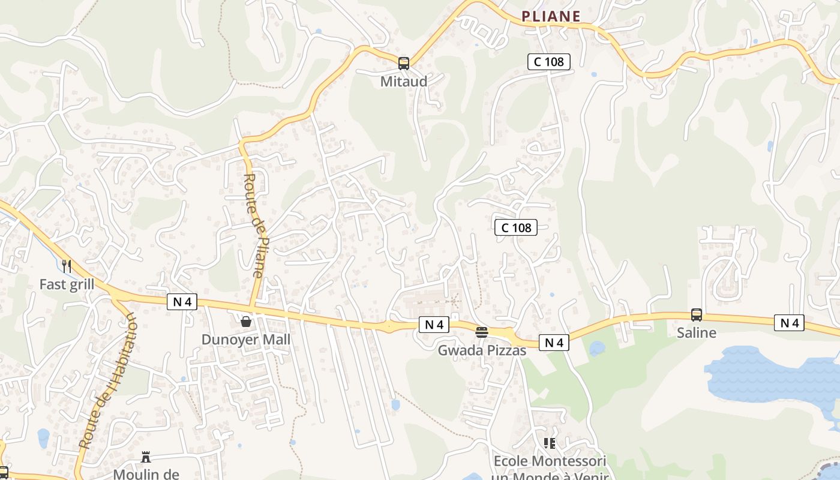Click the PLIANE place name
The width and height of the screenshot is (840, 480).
(x=551, y=17)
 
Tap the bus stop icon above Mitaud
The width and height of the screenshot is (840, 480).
(x=404, y=63)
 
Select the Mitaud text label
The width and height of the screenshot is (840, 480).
(x=404, y=81)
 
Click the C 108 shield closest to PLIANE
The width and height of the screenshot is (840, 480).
(x=548, y=61)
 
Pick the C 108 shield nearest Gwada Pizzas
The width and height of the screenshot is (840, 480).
(x=516, y=227)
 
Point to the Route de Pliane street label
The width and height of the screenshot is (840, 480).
(x=254, y=225)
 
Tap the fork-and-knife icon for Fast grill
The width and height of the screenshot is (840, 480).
(x=67, y=266)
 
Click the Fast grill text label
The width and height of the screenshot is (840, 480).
(x=67, y=284)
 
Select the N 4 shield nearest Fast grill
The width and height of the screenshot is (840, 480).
(x=182, y=302)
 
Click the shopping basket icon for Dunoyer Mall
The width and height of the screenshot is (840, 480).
(x=246, y=322)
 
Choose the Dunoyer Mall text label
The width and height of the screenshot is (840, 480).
(x=246, y=340)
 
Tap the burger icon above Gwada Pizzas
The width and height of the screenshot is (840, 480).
(x=482, y=332)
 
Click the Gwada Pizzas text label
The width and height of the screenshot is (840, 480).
(x=482, y=350)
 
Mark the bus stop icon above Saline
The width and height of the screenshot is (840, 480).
(x=697, y=314)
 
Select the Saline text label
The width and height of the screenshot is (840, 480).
(x=697, y=332)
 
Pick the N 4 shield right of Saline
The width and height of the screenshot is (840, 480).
(x=789, y=323)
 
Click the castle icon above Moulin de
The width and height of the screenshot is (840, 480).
(x=146, y=457)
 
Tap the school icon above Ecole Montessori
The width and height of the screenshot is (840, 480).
(x=550, y=443)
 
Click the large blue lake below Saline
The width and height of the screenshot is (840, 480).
(x=768, y=375)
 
